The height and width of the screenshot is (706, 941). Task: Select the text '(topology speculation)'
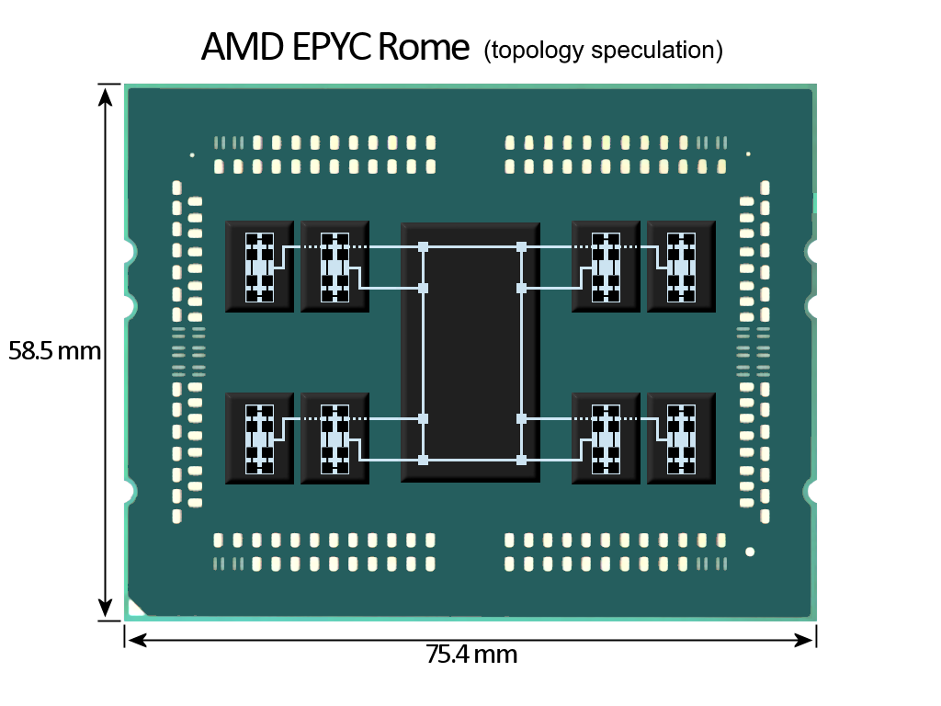603,51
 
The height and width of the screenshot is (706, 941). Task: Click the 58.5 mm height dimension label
54,350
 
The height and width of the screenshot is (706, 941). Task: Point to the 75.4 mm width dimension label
470,655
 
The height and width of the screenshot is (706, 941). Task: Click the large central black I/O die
470,352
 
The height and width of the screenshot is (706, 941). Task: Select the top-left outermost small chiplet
259,266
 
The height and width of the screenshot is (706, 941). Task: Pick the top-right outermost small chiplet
681,266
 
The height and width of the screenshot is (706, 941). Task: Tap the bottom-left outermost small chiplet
259,438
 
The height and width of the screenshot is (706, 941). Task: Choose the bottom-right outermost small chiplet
681,438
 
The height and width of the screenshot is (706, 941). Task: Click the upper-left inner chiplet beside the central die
334,266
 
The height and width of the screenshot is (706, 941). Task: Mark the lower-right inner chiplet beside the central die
606,438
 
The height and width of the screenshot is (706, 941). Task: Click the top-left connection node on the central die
423,246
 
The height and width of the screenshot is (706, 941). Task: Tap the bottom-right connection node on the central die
521,460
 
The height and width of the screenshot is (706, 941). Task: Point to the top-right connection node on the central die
521,246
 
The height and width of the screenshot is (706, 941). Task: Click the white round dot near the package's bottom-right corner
750,552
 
